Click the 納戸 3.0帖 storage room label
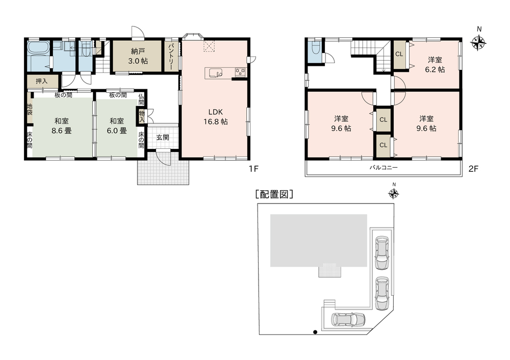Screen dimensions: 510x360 tap(138, 56)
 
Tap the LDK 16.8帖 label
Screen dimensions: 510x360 tap(215, 117)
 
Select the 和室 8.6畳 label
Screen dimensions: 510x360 tap(62, 126)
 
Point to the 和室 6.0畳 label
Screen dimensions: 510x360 tap(117, 126)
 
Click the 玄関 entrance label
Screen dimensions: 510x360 tap(163, 137)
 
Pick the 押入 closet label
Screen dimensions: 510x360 tap(41, 81)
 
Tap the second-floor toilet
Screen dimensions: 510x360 tap(315, 49)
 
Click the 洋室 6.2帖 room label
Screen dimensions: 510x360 tap(435, 64)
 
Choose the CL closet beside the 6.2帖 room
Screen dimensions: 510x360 tap(399, 54)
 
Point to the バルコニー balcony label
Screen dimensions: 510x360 tap(384, 168)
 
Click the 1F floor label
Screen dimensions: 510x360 tap(253, 169)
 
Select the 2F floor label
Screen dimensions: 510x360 tap(473, 169)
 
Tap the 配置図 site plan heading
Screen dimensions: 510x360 tap(274, 194)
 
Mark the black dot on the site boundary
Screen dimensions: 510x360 tap(315, 332)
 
